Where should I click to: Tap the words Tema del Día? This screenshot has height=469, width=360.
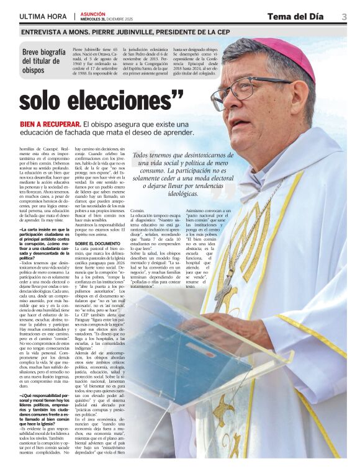(297, 16)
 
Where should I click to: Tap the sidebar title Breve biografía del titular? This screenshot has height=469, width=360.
(43, 61)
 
